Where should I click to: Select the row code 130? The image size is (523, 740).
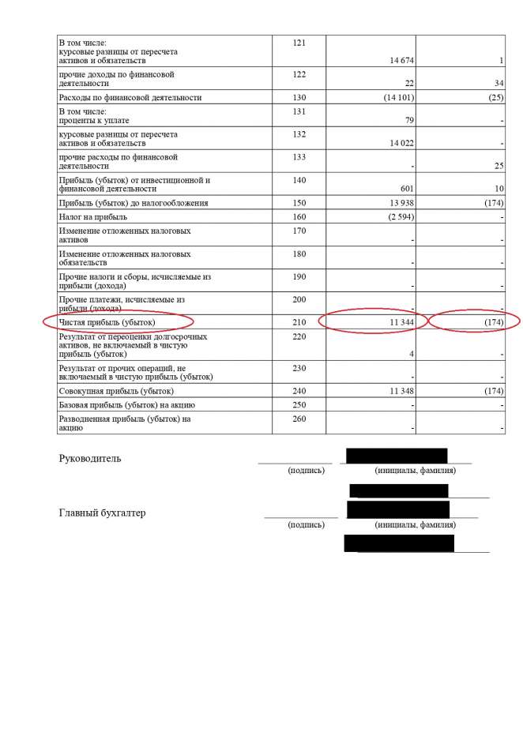299,97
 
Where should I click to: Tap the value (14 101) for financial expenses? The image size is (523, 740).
396,98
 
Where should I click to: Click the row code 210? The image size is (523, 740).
299,322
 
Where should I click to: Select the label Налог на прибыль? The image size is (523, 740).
93,216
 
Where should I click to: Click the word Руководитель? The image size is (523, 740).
90,459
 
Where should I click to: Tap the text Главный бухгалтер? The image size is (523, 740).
102,513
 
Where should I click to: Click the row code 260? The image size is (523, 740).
299,419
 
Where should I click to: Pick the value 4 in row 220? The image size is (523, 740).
412,354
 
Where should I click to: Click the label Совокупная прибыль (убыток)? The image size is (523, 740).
116,391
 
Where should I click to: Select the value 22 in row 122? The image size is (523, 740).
409,83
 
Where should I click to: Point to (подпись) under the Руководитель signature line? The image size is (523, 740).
306,471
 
